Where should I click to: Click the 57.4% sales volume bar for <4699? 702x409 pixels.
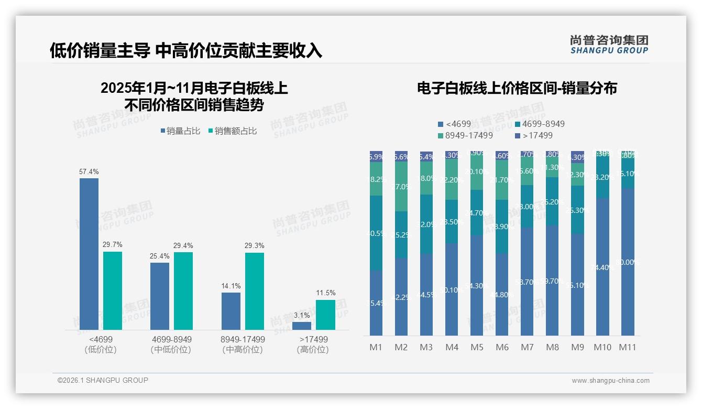89,254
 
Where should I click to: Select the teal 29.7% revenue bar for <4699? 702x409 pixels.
113,290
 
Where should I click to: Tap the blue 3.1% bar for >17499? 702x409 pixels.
302,326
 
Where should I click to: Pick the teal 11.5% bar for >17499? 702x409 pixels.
325,315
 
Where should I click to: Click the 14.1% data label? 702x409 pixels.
231,286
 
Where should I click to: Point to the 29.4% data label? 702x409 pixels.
183,245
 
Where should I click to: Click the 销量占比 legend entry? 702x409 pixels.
180,131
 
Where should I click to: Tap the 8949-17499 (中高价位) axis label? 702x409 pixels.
243,345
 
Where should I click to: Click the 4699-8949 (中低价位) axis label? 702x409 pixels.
171,345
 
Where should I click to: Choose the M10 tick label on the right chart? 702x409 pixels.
602,347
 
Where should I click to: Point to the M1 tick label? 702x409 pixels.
376,347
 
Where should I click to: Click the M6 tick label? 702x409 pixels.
502,347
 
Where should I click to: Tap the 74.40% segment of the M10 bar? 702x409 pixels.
602,267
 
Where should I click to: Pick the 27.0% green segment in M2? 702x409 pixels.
401,187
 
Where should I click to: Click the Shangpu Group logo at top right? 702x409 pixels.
609,45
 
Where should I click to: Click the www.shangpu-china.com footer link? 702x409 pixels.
610,381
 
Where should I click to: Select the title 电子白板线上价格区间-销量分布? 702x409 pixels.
517,88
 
